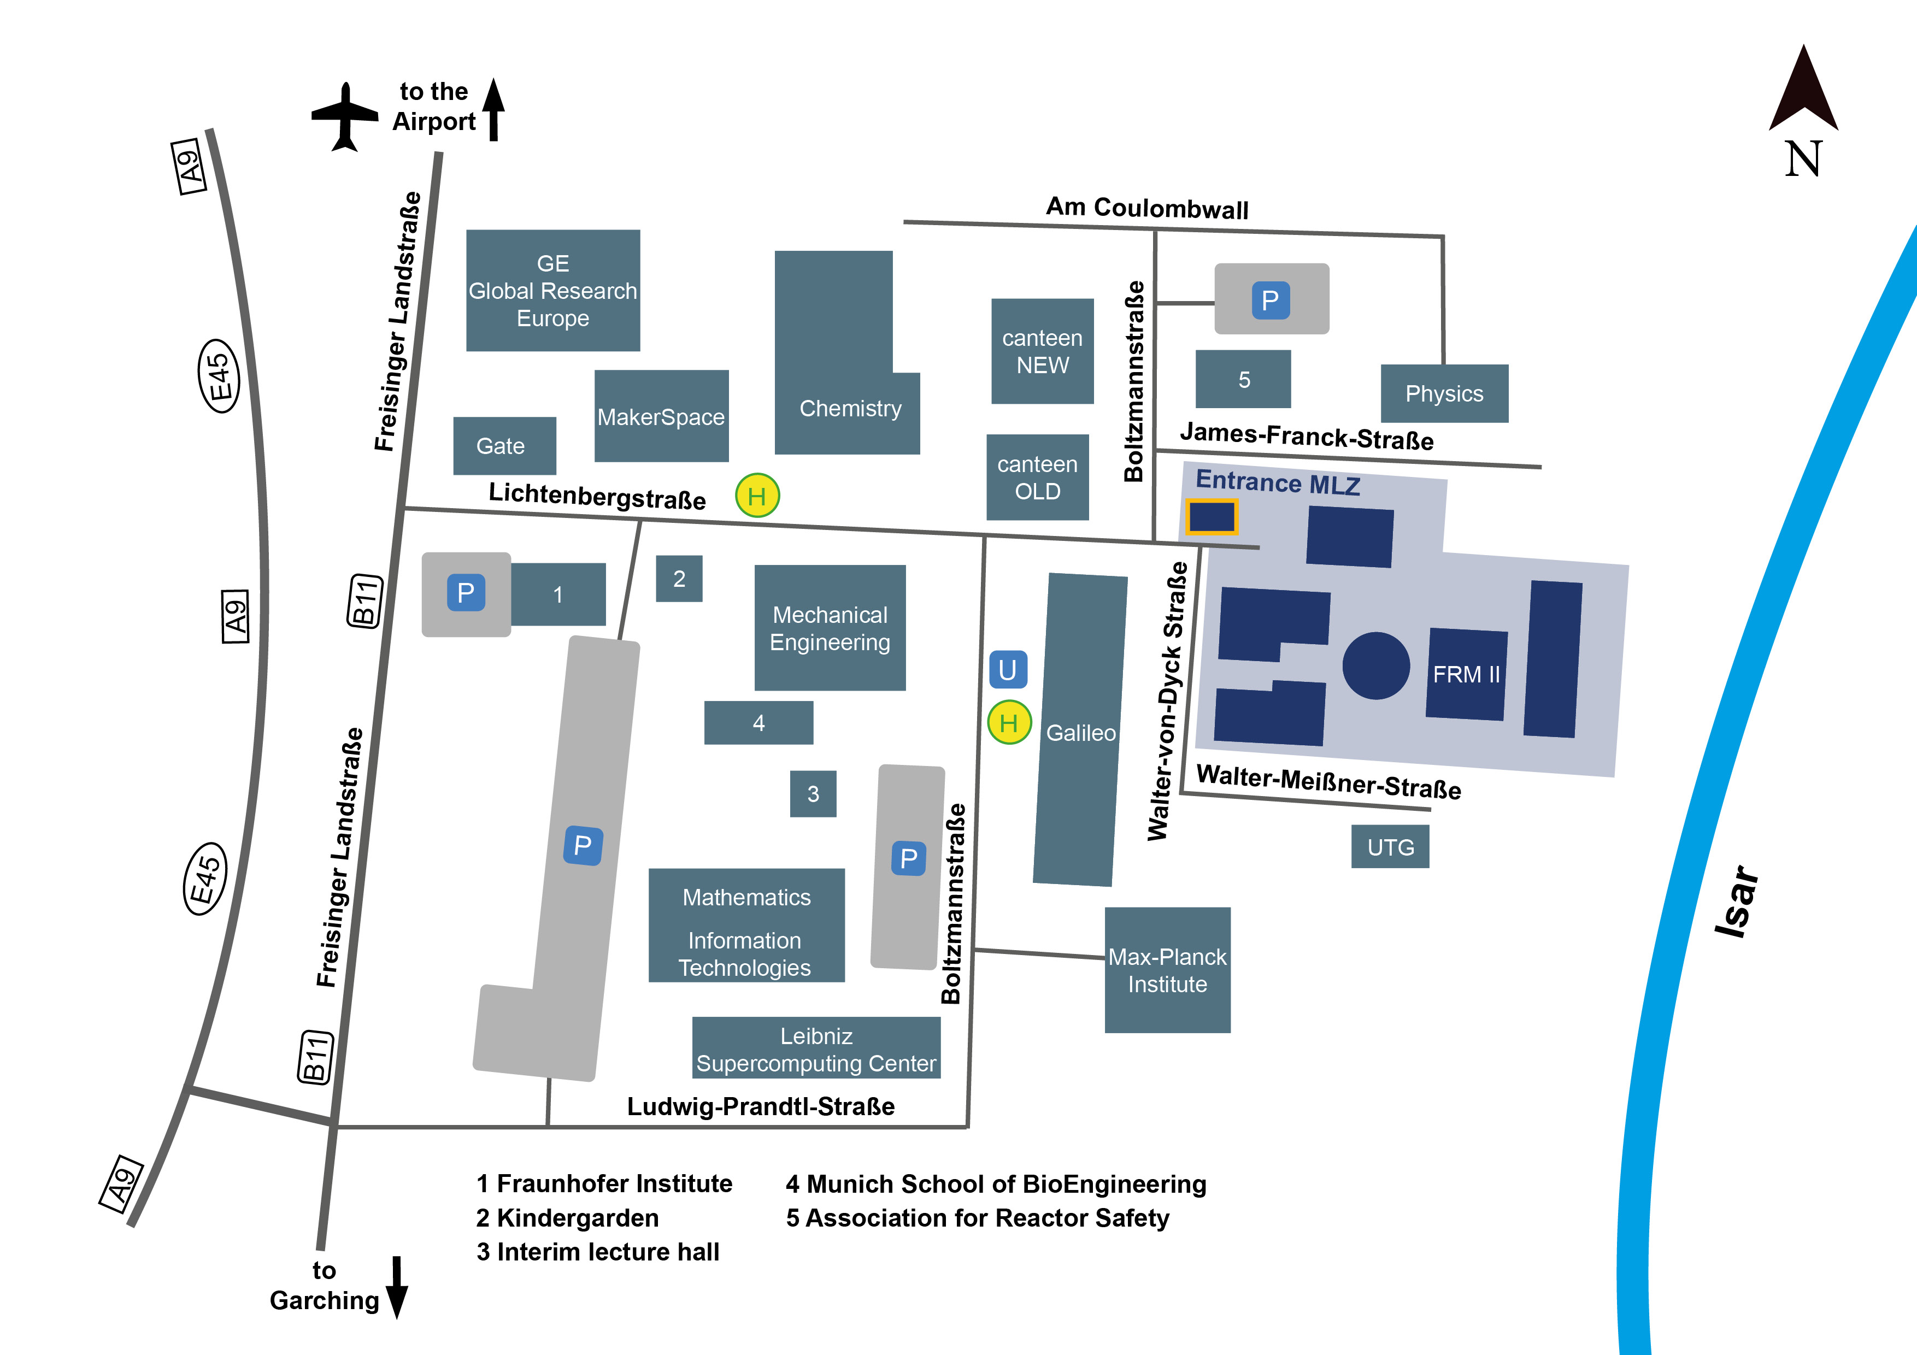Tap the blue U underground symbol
1008,669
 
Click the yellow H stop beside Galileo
1009,722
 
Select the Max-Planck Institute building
1167,970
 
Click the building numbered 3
813,794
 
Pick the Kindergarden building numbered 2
679,579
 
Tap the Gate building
503,446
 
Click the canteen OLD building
1037,478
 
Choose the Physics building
1444,393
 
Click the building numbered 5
1243,380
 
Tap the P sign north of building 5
1271,300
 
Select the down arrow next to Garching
397,1286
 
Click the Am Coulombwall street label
1147,208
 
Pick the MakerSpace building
661,416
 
